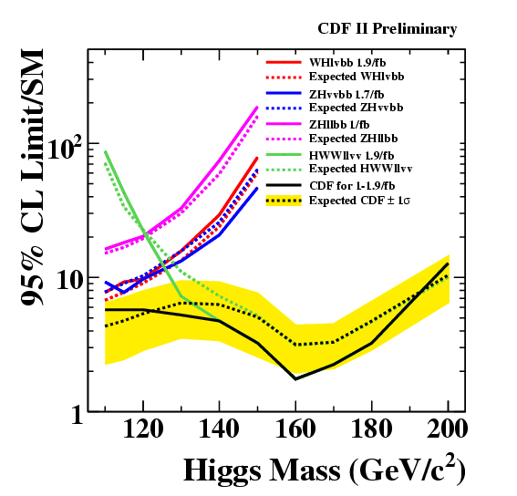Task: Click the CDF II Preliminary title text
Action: (x=388, y=29)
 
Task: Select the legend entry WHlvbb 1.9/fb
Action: (x=347, y=62)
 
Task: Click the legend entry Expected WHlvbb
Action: (x=357, y=77)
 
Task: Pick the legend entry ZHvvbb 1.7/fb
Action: (x=346, y=94)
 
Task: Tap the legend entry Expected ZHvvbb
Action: (x=357, y=108)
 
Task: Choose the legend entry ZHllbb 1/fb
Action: (x=339, y=124)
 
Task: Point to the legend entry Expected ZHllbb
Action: (x=354, y=139)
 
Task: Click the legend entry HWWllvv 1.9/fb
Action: (x=351, y=155)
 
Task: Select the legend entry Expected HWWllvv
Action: (x=361, y=169)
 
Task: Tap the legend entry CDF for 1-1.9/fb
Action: (x=352, y=186)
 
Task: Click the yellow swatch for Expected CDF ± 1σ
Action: (x=284, y=201)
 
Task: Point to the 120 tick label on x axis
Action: (x=143, y=429)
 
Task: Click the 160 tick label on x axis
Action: (x=295, y=429)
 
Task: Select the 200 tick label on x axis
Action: (x=447, y=429)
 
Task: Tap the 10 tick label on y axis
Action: (x=69, y=282)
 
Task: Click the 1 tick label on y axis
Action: (x=78, y=414)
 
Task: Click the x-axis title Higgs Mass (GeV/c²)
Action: (x=325, y=470)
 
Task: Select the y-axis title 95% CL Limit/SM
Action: (x=32, y=177)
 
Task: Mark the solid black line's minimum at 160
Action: (x=295, y=379)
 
